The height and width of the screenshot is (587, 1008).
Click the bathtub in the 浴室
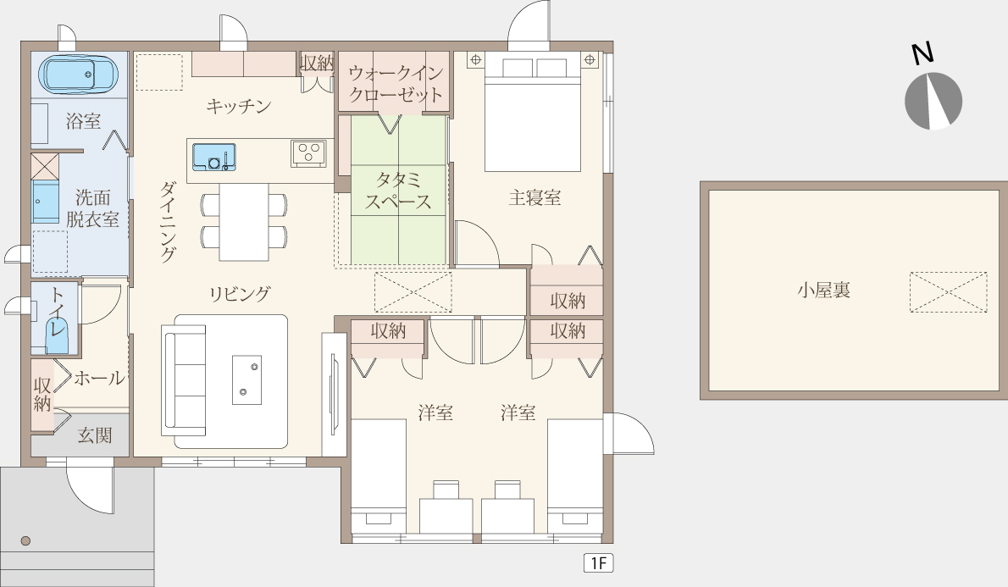pos(79,74)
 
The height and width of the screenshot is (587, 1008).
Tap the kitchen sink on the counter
pos(214,157)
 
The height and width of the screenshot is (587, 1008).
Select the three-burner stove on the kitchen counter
pos(308,153)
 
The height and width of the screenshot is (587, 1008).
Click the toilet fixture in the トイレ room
pos(57,336)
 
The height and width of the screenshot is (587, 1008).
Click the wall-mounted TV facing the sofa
pos(334,394)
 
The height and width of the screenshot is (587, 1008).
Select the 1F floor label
pos(599,563)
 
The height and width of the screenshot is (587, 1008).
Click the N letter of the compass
pos(923,53)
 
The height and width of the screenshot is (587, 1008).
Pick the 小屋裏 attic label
pos(823,290)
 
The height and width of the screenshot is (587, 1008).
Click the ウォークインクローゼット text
pos(396,84)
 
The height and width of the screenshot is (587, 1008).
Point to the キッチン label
pos(239,106)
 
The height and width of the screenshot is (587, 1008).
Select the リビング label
pos(240,294)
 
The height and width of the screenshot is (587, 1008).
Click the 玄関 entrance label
pos(95,435)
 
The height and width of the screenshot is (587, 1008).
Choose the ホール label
pos(100,378)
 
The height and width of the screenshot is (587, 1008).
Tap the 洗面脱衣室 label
pos(93,208)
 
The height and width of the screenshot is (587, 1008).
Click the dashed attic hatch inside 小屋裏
pos(948,292)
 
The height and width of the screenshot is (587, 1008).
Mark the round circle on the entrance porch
pos(25,540)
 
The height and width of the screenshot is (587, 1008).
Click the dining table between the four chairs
pos(244,222)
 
